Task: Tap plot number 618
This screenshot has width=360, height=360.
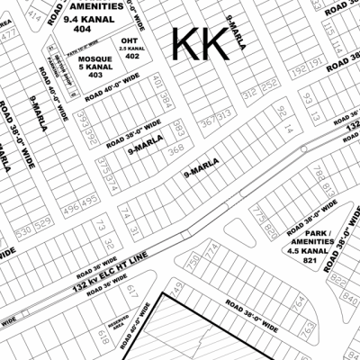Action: pos(103,340)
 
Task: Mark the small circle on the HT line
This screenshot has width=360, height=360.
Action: pos(304,148)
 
